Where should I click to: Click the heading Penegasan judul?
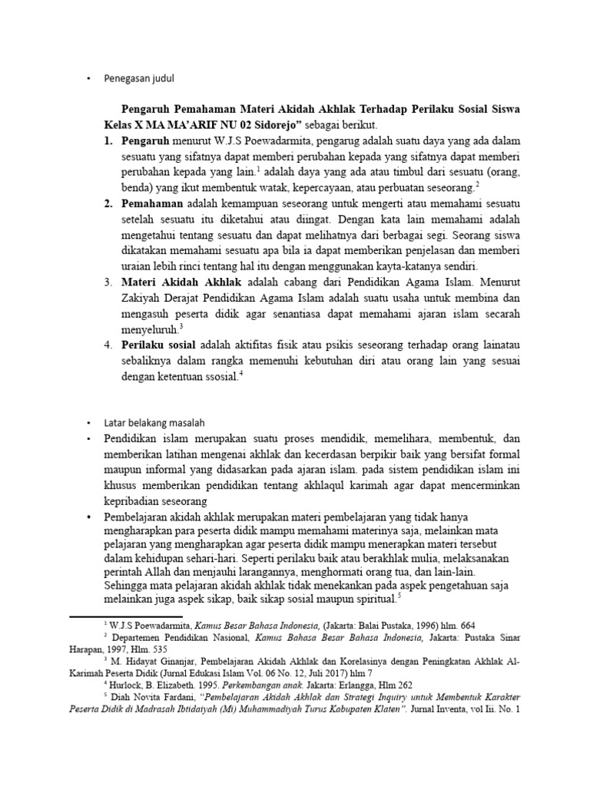[143, 78]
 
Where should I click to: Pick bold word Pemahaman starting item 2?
[151, 203]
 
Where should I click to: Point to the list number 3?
[108, 282]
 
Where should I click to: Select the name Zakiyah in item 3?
[143, 298]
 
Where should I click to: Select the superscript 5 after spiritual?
[399, 595]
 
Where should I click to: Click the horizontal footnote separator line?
[125, 616]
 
